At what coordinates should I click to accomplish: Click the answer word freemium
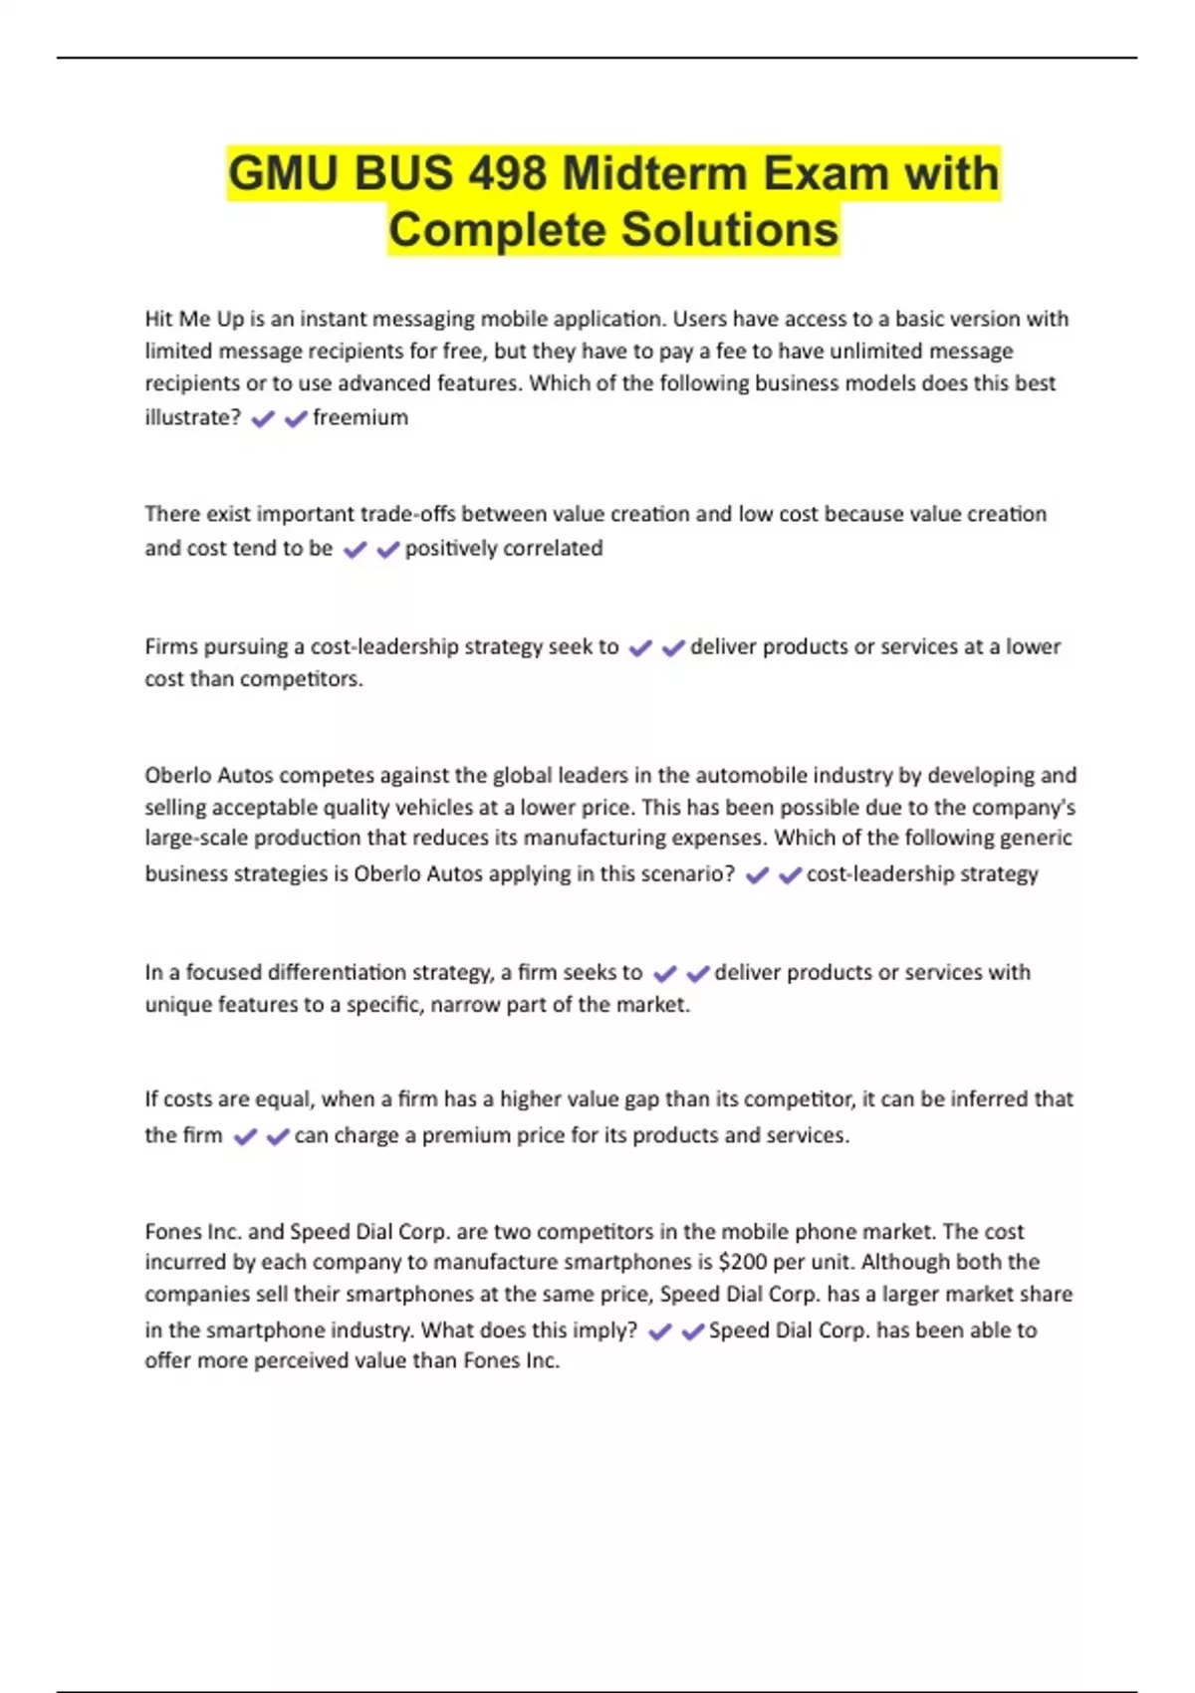tap(360, 417)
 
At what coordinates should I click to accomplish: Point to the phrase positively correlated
tap(504, 549)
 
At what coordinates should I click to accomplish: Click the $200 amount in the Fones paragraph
tap(743, 1263)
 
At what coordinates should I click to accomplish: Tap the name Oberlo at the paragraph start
tap(176, 776)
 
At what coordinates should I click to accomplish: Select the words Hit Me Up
tap(194, 320)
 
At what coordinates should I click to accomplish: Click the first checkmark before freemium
tap(263, 419)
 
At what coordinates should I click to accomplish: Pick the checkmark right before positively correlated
tap(388, 550)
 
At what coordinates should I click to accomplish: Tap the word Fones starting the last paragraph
tap(173, 1232)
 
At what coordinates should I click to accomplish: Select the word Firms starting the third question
tap(170, 647)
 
